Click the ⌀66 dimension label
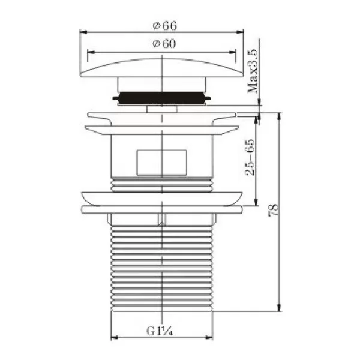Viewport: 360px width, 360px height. tap(165, 26)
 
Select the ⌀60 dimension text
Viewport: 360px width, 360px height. tap(164, 44)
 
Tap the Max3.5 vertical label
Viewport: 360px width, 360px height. tap(253, 71)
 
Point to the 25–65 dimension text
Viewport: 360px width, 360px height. tap(250, 157)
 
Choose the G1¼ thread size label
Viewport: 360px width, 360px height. tap(160, 331)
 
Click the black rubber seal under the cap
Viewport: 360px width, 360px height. tap(161, 98)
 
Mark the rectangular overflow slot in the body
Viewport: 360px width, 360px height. tap(161, 163)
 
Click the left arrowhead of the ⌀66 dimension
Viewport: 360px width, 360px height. tap(83, 32)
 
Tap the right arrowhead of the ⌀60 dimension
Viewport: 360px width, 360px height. tap(232, 52)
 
